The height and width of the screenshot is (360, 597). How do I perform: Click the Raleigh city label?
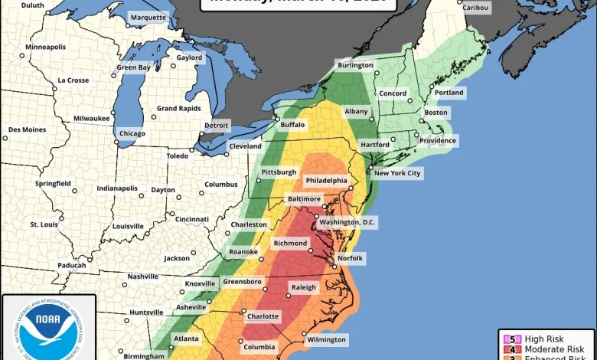tap(304, 287)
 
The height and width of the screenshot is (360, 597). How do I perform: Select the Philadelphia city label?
tap(328, 180)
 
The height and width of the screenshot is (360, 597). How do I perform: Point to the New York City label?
tap(397, 173)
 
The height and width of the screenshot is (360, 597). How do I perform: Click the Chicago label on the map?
tap(132, 133)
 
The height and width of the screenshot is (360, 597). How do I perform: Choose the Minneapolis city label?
tap(46, 47)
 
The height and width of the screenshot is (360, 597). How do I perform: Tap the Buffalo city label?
tap(292, 124)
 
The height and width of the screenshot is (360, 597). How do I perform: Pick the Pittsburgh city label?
tap(278, 172)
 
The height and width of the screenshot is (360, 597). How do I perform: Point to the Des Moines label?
tap(27, 129)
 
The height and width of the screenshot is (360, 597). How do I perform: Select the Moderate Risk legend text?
tap(550, 349)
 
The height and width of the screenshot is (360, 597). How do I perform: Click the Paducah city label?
tap(71, 265)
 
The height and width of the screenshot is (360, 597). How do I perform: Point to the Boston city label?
tap(436, 113)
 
